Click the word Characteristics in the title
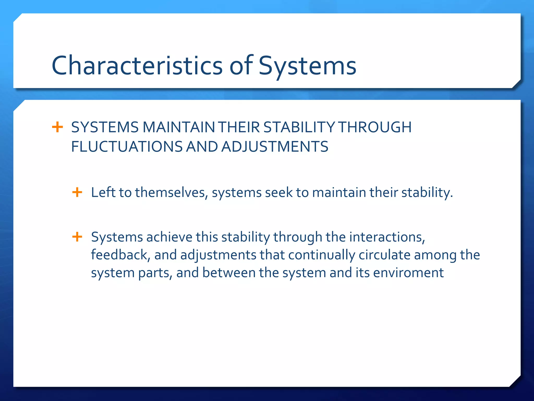pyautogui.click(x=137, y=66)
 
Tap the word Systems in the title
pyautogui.click(x=307, y=66)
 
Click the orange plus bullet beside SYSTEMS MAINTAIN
pyautogui.click(x=57, y=127)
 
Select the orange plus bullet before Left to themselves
pyautogui.click(x=77, y=192)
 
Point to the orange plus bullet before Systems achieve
pyautogui.click(x=77, y=237)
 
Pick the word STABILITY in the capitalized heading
pyautogui.click(x=299, y=127)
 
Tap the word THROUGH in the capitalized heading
pyautogui.click(x=375, y=127)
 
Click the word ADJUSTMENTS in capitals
pyautogui.click(x=275, y=147)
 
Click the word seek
pyautogui.click(x=279, y=193)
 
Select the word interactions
pyautogui.click(x=387, y=237)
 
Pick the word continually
pyautogui.click(x=321, y=255)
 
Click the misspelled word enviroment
pyautogui.click(x=408, y=273)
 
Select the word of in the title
pyautogui.click(x=241, y=66)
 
